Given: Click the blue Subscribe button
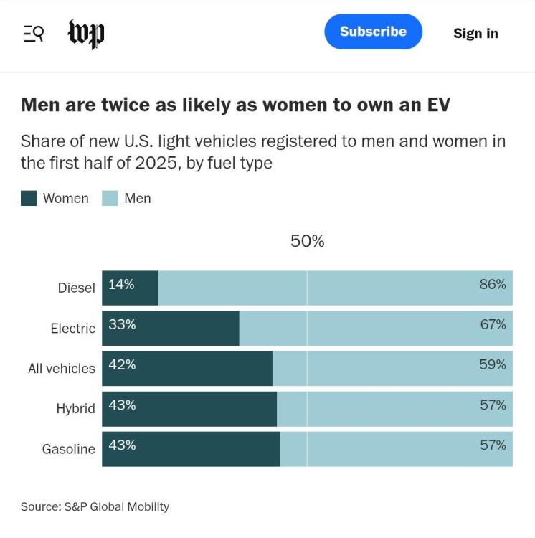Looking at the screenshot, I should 373,32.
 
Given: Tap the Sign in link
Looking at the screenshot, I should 475,33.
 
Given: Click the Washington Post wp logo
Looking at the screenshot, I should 86,33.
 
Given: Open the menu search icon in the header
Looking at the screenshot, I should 33,33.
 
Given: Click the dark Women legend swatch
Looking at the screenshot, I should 29,199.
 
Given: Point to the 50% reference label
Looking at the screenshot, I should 307,242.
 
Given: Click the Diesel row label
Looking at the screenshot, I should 76,288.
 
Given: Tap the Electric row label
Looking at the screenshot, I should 72,329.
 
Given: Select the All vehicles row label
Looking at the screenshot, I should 61,369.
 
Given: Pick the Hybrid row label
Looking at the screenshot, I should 75,409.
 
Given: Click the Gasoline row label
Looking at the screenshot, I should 68,450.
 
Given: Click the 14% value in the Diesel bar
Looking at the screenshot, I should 121,284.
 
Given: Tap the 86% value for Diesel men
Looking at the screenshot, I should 493,284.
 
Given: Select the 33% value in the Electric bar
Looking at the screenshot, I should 122,324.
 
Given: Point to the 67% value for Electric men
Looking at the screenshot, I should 493,324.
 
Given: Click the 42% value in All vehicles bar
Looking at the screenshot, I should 122,364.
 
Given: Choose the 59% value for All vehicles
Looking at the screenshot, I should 493,364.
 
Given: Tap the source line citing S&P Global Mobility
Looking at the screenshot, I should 95,506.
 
